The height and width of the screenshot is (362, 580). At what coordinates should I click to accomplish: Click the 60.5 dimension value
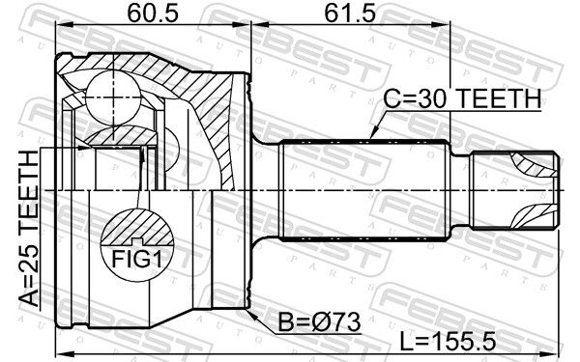(x=153, y=14)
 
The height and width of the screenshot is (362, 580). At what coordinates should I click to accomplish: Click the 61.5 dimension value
(x=350, y=14)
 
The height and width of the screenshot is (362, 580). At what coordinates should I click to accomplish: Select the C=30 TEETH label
(x=462, y=98)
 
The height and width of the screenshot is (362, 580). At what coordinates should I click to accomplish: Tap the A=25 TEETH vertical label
(x=29, y=228)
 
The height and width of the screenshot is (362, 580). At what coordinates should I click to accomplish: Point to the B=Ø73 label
(x=319, y=321)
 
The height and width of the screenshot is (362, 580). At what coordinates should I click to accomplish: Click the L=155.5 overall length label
(x=448, y=341)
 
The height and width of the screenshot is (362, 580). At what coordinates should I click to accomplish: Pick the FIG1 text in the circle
(x=137, y=259)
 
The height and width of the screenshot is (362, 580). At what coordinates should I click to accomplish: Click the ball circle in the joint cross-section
(x=113, y=97)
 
